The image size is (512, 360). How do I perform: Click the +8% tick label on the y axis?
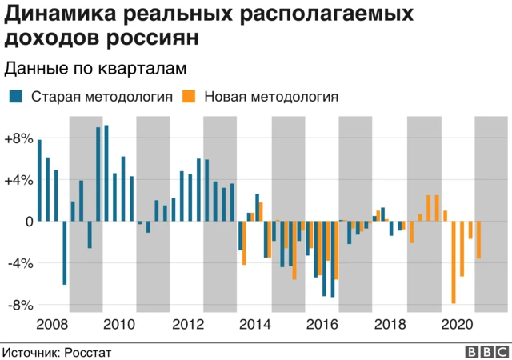(x=18, y=138)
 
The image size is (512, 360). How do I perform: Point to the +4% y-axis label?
(x=18, y=180)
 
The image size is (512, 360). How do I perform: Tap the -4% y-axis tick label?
(x=20, y=263)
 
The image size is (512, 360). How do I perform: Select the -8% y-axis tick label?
(x=20, y=305)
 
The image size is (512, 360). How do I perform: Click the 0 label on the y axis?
(x=27, y=222)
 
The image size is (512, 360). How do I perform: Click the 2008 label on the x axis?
(x=52, y=324)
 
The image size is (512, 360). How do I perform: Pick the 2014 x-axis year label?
(x=254, y=324)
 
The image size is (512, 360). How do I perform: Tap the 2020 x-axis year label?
(x=456, y=324)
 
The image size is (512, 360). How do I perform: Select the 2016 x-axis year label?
(x=322, y=324)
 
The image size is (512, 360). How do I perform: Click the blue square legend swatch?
(x=16, y=98)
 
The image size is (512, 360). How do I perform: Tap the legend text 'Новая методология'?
(x=271, y=98)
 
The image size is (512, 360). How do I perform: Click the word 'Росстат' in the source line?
(x=87, y=351)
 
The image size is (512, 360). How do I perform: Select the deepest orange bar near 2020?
(x=454, y=262)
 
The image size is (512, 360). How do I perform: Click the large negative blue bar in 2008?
(x=64, y=253)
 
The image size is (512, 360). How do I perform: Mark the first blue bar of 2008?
(x=39, y=181)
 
